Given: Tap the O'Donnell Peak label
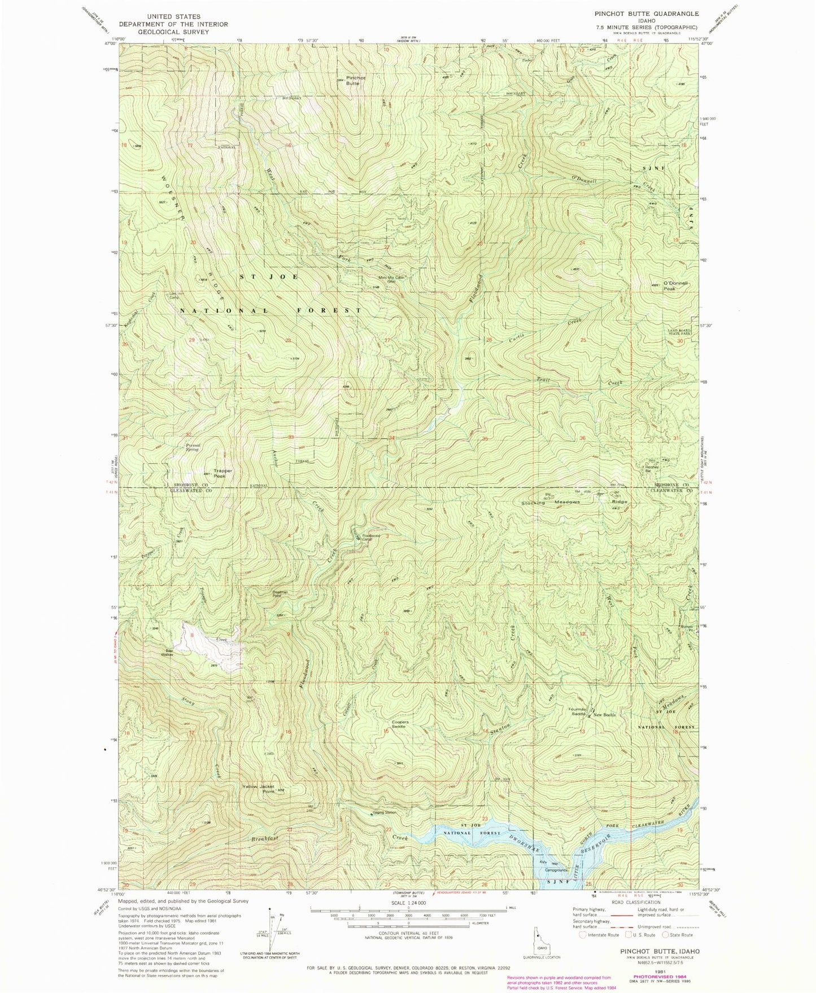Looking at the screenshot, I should click(677, 286).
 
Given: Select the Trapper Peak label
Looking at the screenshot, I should click(222, 473).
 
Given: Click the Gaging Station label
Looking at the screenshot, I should click(385, 813).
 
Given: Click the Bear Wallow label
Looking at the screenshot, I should click(167, 652).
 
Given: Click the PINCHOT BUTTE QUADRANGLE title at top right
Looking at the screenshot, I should click(646, 14).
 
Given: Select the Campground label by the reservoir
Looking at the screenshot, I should click(555, 870).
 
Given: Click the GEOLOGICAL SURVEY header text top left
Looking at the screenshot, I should click(173, 32).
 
